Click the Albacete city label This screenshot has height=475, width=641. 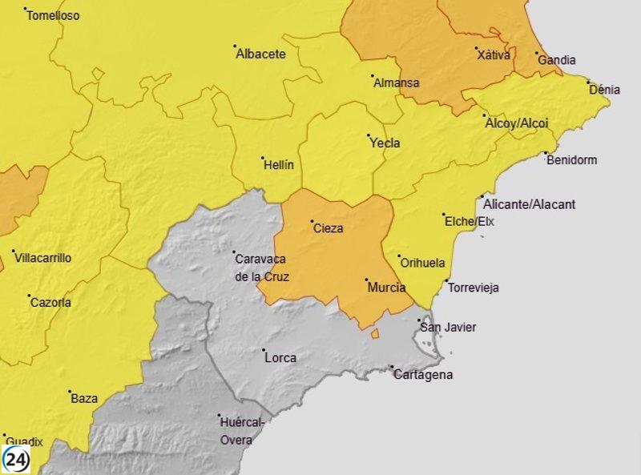click(260, 54)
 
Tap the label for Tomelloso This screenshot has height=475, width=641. click(53, 15)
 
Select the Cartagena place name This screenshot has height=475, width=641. click(423, 375)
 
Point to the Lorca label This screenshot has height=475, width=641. click(280, 358)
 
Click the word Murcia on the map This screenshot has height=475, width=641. click(385, 288)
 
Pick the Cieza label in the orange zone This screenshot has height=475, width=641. click(329, 228)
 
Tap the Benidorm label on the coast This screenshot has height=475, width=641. click(571, 160)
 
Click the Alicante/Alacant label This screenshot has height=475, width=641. click(530, 204)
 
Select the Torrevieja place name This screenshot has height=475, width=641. click(474, 288)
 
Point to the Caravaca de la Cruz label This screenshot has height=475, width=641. click(261, 268)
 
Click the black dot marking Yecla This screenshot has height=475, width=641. click(369, 135)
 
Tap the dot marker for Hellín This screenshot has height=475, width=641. click(263, 157)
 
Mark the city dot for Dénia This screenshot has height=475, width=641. click(589, 82)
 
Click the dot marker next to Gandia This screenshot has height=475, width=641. click(537, 53)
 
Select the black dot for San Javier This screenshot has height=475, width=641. click(421, 320)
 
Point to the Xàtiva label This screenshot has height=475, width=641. click(493, 55)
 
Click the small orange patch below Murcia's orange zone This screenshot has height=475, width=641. click(374, 333)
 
